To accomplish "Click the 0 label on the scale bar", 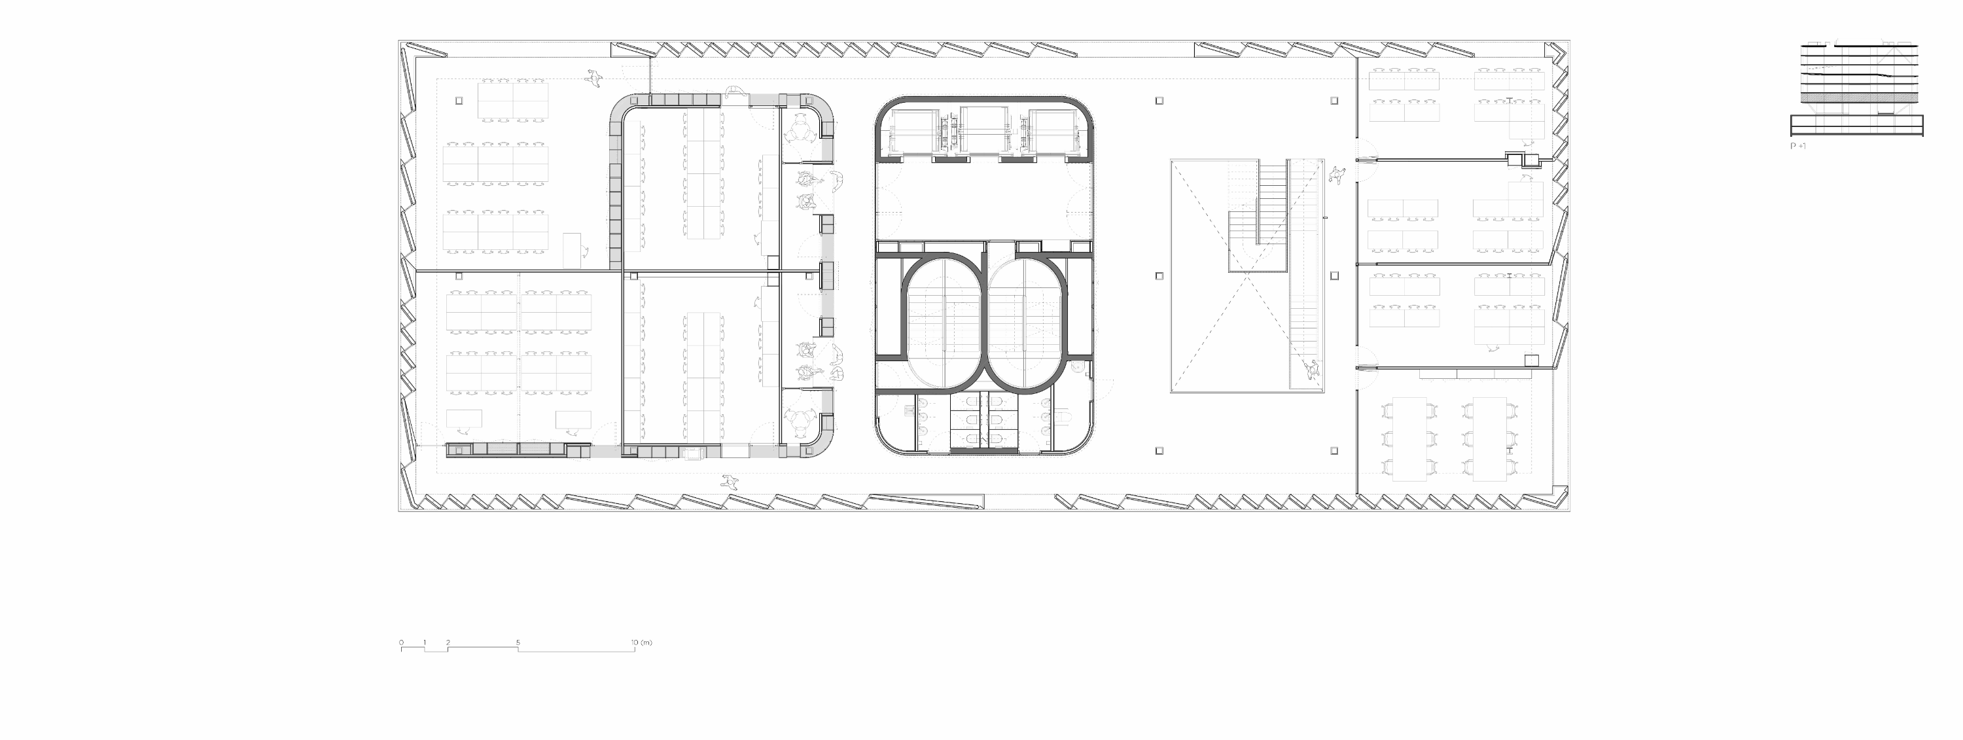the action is coord(402,643).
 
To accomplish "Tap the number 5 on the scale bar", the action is coord(518,643).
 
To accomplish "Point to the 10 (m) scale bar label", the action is coord(642,643).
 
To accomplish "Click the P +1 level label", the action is coord(1797,145).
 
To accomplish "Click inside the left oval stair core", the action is coord(944,323).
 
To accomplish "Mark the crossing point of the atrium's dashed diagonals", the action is coord(1247,276).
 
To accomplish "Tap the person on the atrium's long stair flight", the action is coord(1312,370).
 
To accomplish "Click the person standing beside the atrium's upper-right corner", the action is coord(1337,175).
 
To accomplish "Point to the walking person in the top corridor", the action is coord(594,77).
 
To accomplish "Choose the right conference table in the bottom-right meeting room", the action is coord(1490,438).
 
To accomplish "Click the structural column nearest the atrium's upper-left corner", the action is coord(1159,101).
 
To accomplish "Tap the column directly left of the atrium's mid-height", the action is coord(1159,276).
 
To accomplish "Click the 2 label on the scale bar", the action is coord(448,643).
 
